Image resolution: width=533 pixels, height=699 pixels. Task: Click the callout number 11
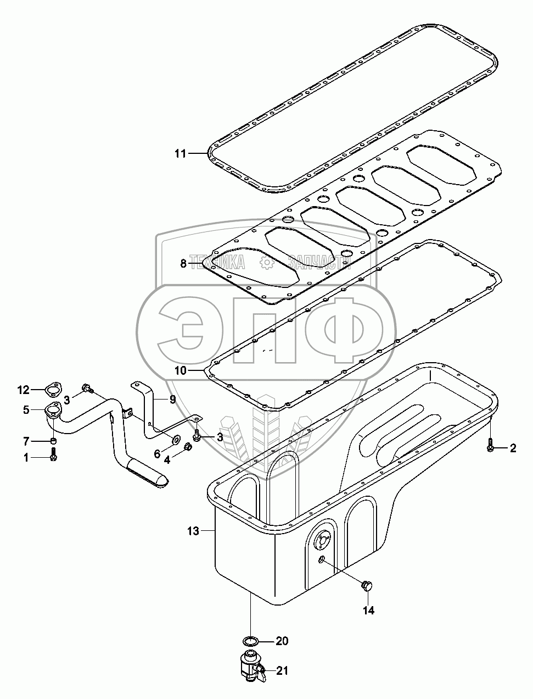tap(180, 153)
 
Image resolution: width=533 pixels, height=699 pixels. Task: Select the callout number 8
tap(183, 264)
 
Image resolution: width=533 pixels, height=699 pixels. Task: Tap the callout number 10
tap(180, 370)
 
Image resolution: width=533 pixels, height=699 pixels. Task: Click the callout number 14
tap(368, 610)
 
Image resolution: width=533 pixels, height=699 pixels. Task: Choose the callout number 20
tap(282, 641)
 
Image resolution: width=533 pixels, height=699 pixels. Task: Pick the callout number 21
tap(282, 670)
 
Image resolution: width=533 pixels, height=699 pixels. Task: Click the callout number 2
tap(513, 448)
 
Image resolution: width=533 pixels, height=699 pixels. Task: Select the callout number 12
tap(23, 390)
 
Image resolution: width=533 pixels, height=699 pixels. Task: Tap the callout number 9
tap(172, 400)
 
